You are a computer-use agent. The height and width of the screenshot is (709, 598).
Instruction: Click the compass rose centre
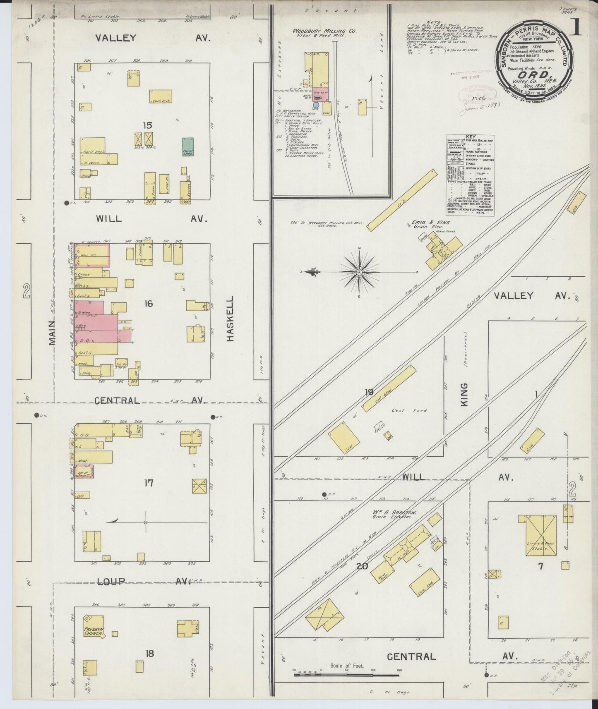[x=359, y=272]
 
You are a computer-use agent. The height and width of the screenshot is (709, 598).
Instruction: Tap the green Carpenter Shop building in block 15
[x=188, y=146]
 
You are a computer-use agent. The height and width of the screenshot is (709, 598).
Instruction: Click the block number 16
[x=149, y=304]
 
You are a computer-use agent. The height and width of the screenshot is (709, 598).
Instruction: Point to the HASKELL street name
[x=231, y=318]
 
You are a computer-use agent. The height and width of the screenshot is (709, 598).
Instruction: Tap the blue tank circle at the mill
[x=316, y=105]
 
